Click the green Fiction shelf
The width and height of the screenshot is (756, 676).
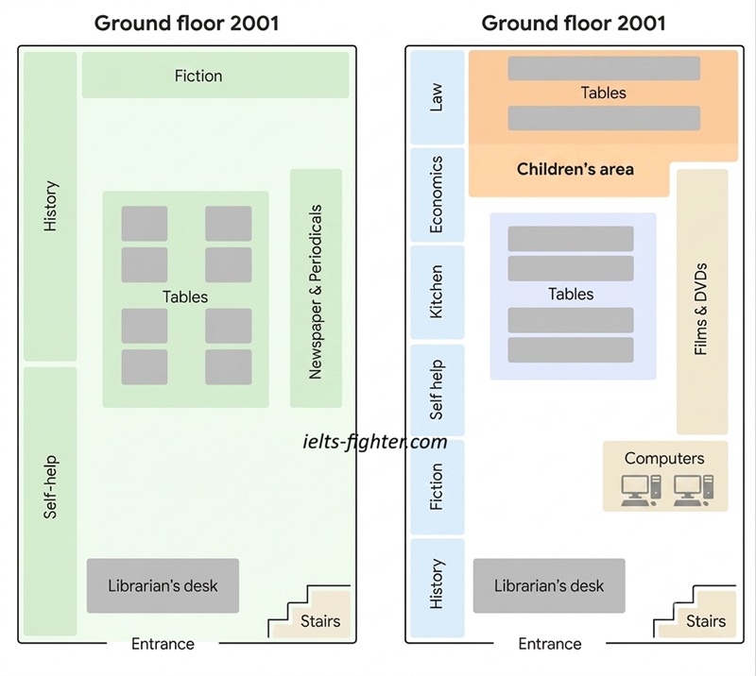click(x=215, y=76)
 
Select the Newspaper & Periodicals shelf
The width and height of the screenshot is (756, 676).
click(x=316, y=288)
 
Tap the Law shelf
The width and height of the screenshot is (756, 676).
click(x=438, y=97)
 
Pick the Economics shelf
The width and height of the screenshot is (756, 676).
click(x=438, y=194)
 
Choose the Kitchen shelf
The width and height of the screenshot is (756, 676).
click(x=438, y=292)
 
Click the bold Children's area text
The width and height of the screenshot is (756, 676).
click(x=576, y=169)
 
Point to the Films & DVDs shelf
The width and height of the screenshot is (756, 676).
click(x=702, y=301)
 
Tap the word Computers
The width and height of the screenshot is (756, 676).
click(x=664, y=458)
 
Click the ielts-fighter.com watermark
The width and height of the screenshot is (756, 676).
click(x=375, y=442)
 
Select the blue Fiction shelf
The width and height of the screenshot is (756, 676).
click(x=438, y=486)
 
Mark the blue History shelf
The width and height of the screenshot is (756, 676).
click(x=438, y=588)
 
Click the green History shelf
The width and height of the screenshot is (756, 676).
click(x=50, y=206)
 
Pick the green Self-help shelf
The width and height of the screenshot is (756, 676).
click(x=50, y=501)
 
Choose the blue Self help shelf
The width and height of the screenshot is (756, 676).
click(x=438, y=390)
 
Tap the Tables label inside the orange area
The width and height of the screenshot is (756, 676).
click(x=603, y=93)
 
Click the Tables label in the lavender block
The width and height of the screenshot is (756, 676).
click(x=571, y=294)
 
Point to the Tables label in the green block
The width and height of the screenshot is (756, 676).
click(x=185, y=296)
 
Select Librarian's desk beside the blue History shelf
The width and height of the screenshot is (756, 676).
click(x=549, y=586)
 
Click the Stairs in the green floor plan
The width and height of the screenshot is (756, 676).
click(x=310, y=612)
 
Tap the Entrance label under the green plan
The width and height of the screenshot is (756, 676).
click(x=163, y=644)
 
